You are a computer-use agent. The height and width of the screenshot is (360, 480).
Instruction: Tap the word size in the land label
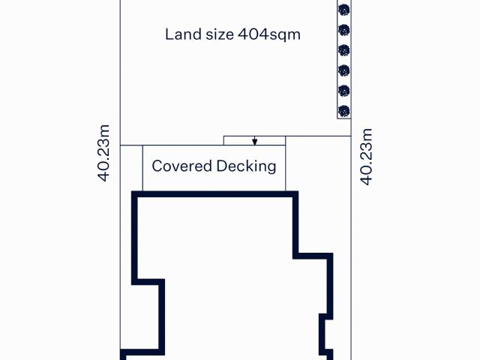pos(220,34)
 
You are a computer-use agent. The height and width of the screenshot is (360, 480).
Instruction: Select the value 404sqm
pos(269,34)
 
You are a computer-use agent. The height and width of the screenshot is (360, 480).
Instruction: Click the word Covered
pos(181,166)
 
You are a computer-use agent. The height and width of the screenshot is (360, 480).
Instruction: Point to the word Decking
pos(246,166)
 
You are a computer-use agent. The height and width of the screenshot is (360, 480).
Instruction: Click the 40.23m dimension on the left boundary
pos(103,153)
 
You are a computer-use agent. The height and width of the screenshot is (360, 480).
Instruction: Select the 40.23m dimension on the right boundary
pos(366,157)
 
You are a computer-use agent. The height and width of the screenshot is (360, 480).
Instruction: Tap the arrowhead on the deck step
pos(255,142)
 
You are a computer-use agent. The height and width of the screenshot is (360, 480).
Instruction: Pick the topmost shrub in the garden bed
pos(344,10)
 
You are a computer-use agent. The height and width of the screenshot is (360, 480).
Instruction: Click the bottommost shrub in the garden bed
pos(344,111)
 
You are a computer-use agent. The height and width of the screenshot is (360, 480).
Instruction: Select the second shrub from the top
pos(344,30)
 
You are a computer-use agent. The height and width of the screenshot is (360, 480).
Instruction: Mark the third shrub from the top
pos(344,50)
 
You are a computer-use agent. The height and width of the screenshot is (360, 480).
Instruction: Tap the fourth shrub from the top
pos(344,70)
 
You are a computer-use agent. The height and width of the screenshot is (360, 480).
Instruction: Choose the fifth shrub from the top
pos(344,91)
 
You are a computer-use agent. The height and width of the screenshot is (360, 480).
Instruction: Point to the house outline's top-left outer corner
pos(132,192)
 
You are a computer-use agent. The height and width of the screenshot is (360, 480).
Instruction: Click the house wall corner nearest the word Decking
pos(298,192)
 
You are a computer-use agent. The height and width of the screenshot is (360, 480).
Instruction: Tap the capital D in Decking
pos(221,166)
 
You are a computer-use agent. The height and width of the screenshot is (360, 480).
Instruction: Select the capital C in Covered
pos(157,166)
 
